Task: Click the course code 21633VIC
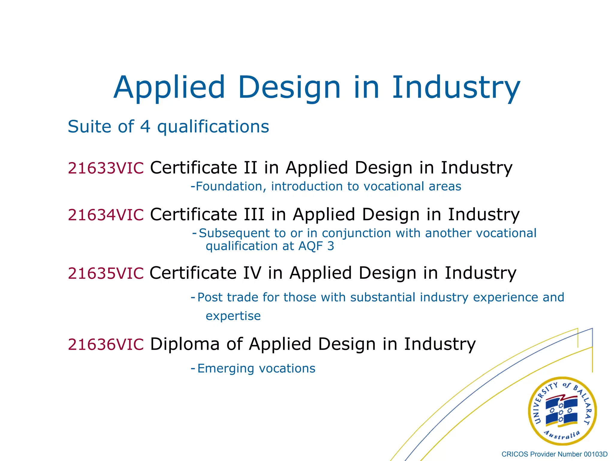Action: click(106, 168)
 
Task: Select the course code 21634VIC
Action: click(106, 215)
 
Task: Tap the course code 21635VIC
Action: click(106, 273)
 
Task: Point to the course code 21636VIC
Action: click(106, 344)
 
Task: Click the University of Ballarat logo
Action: click(562, 411)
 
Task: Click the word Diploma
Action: click(185, 344)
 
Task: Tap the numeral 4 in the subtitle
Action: click(145, 127)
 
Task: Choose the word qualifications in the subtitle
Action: click(213, 127)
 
